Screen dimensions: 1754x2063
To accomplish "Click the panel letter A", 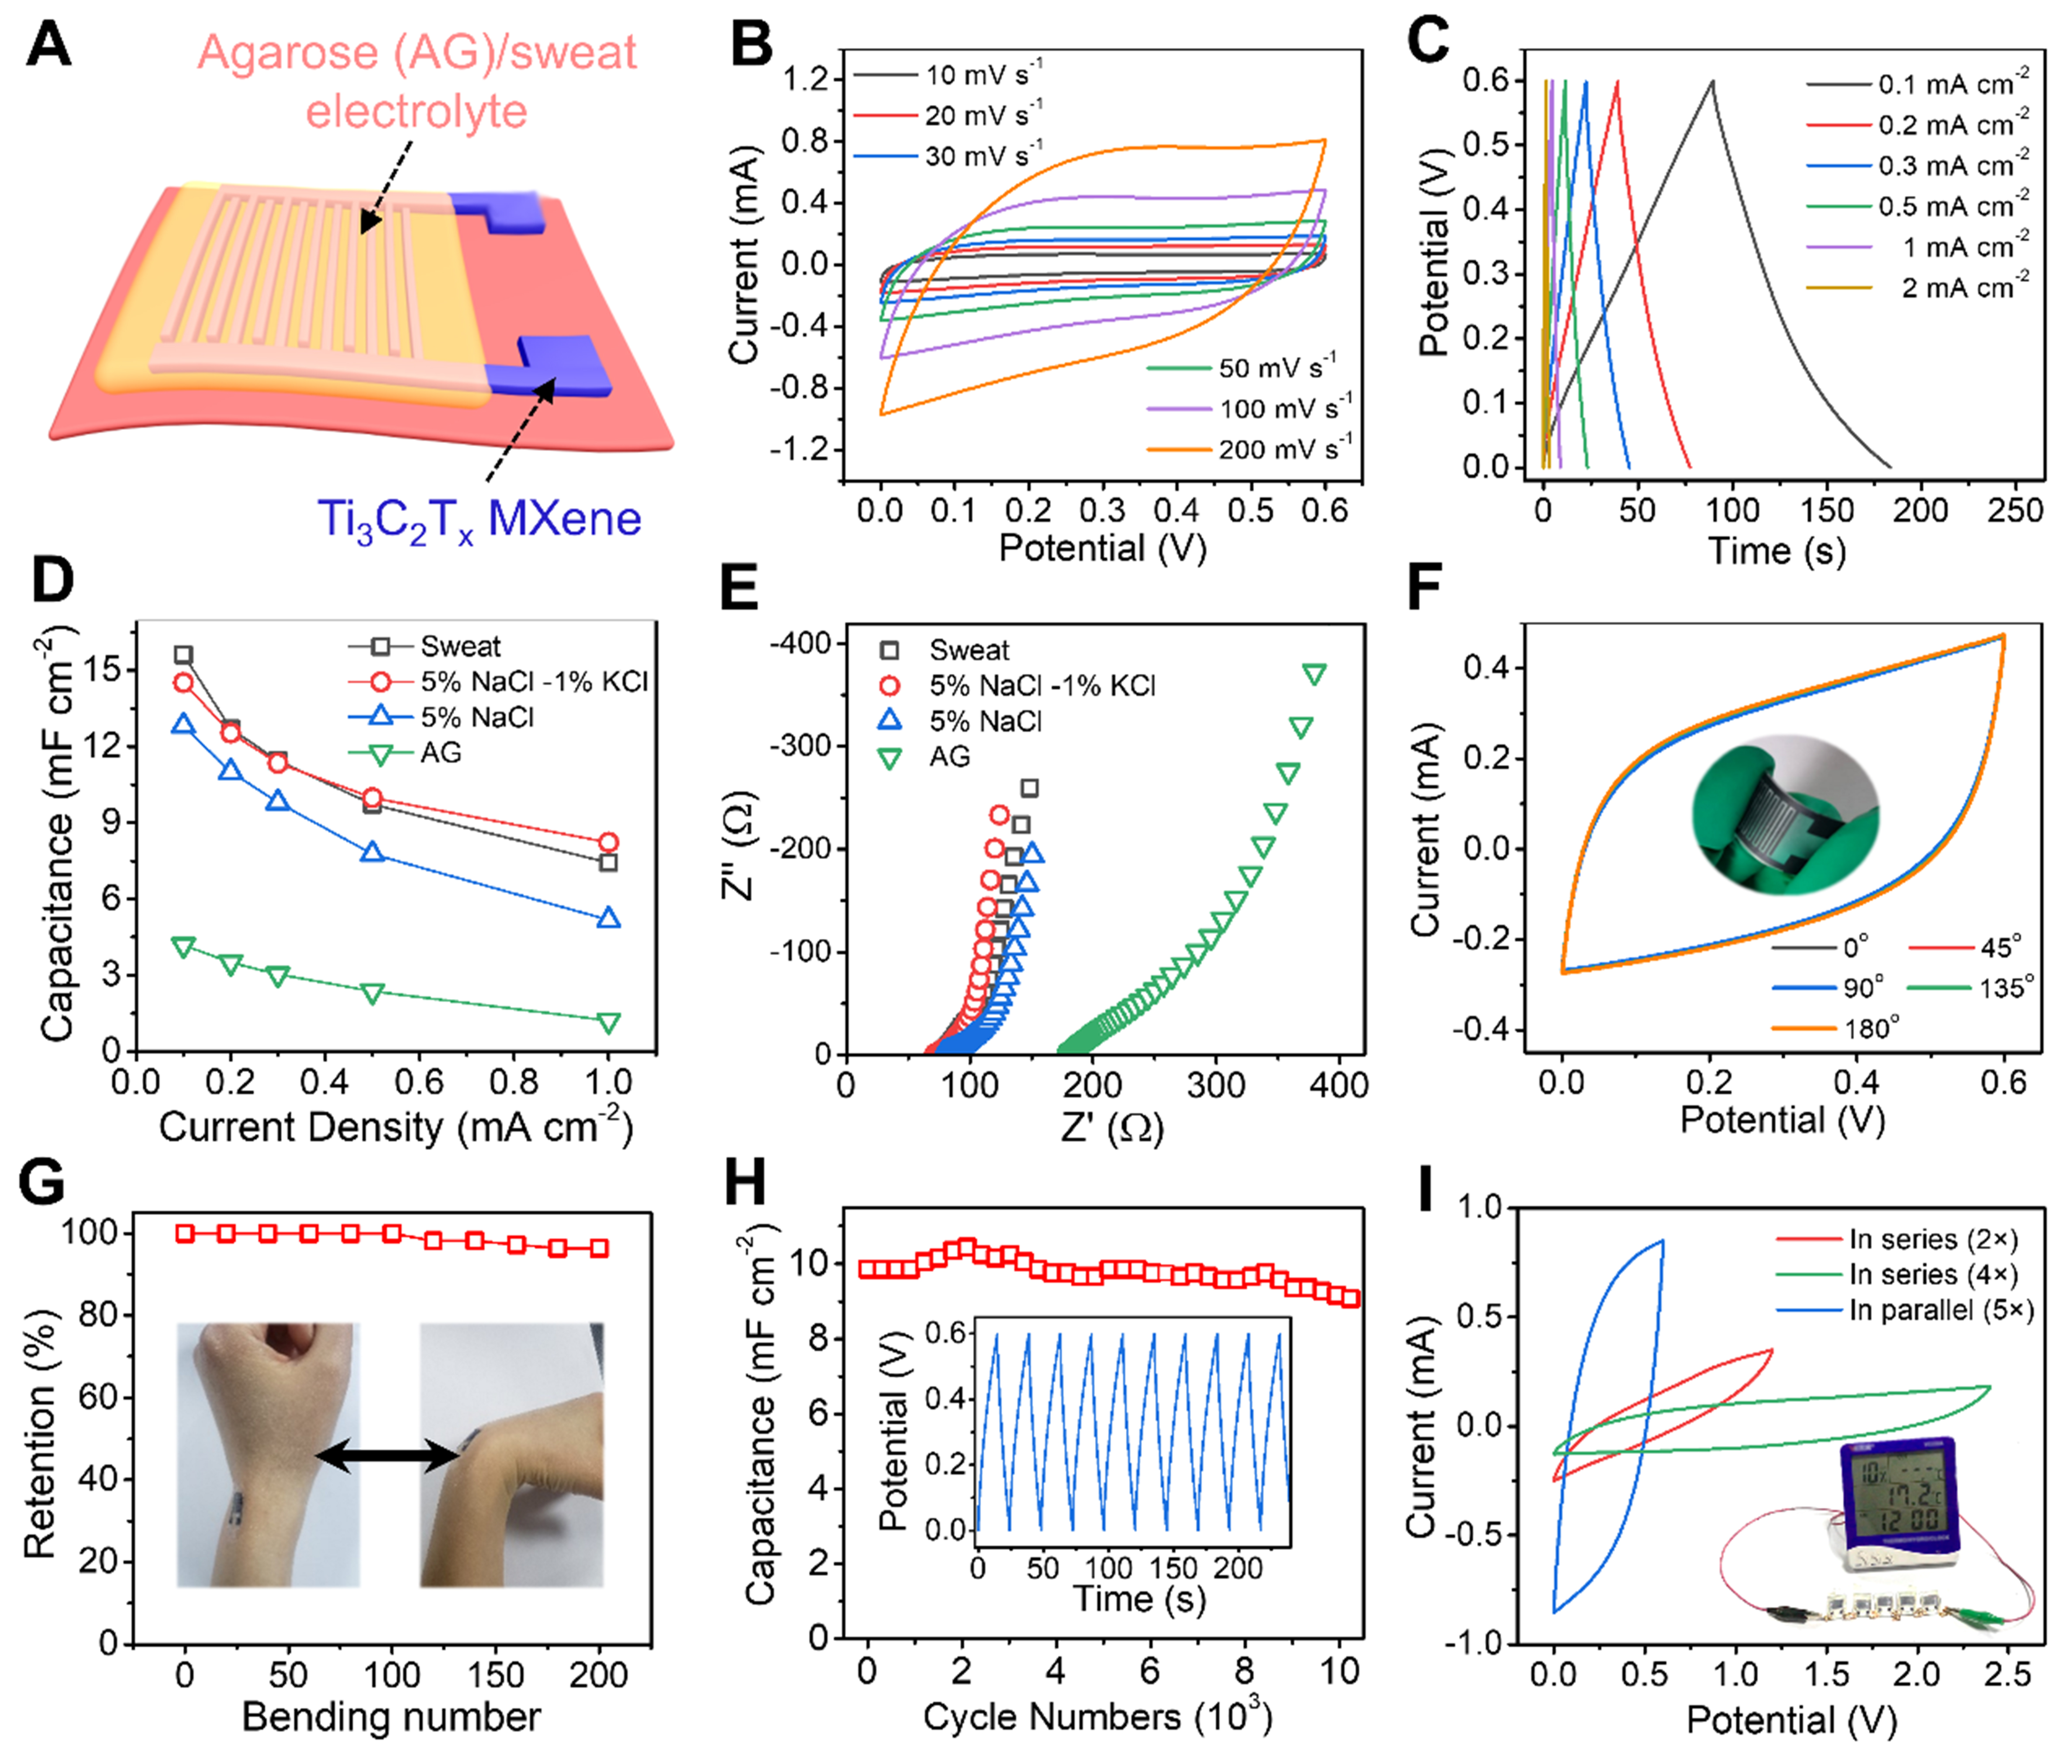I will (x=48, y=45).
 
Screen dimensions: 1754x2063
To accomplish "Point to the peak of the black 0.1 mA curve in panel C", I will (x=1712, y=82).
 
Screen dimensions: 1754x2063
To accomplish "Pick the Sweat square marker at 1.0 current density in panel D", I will (x=608, y=862).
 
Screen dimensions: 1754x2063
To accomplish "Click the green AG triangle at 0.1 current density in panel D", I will (x=183, y=947).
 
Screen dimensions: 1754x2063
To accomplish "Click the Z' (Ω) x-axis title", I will (x=1111, y=1127).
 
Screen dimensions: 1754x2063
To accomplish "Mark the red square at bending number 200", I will (x=599, y=1248).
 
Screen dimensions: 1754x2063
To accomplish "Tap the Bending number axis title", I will (x=391, y=1716).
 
